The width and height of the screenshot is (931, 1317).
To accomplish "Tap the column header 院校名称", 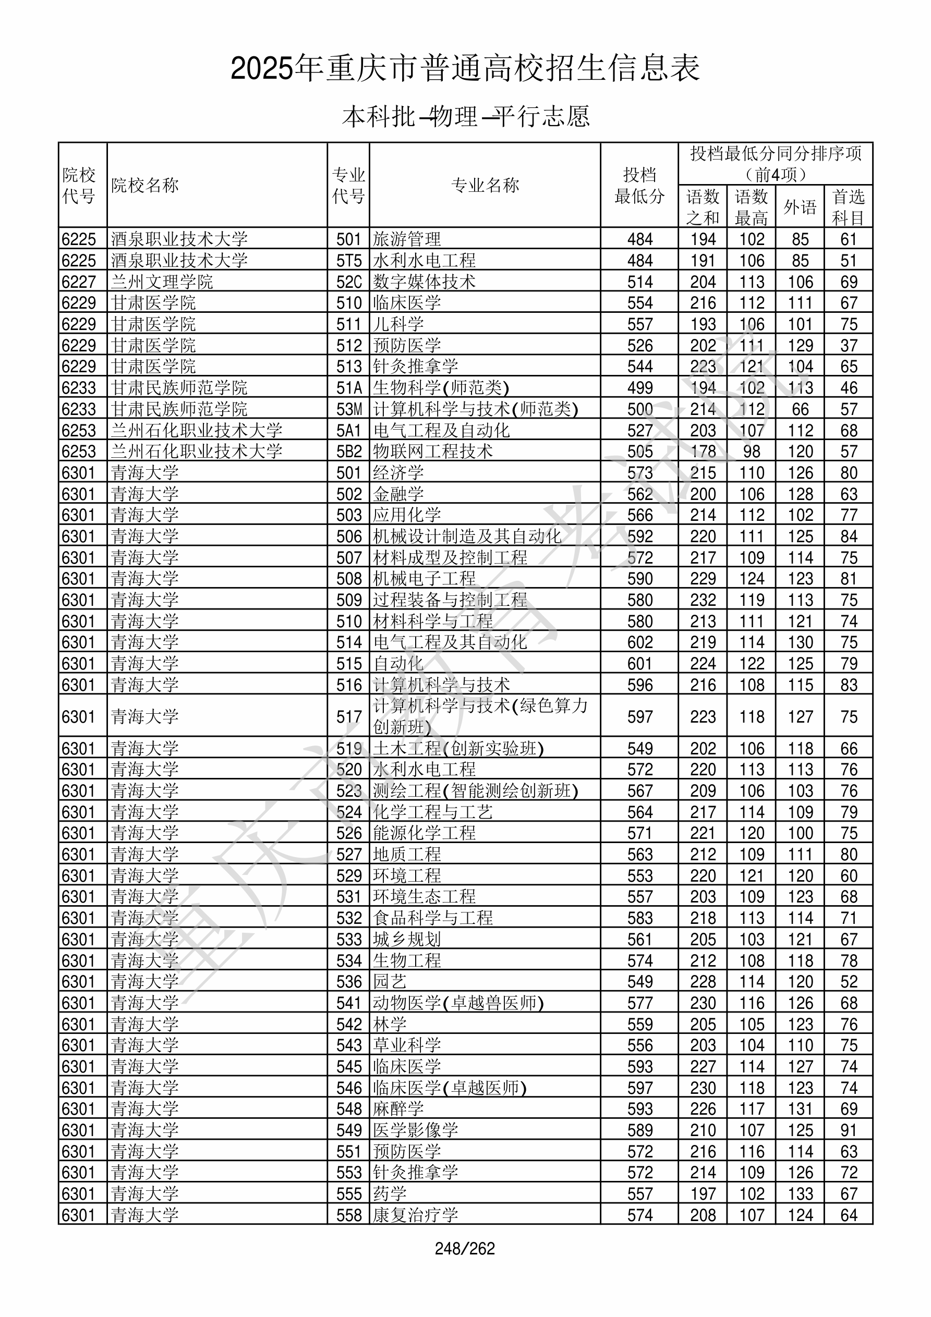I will click(x=145, y=185).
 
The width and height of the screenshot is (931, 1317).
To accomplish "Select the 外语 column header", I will click(x=800, y=207).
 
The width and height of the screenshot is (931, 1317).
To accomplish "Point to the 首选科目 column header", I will click(x=849, y=207).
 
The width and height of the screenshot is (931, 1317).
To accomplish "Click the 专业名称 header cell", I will click(x=485, y=185).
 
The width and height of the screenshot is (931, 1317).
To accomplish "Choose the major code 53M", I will click(x=349, y=409).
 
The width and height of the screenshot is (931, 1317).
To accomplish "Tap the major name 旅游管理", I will click(x=407, y=239).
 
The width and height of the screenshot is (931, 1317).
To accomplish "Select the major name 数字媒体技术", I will click(x=424, y=282).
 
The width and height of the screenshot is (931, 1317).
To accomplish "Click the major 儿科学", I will click(x=398, y=324).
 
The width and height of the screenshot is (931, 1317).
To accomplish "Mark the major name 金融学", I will click(x=398, y=494).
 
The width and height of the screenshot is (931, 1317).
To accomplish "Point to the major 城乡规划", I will click(x=407, y=939).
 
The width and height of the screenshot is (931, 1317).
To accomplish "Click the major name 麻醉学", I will click(x=398, y=1109).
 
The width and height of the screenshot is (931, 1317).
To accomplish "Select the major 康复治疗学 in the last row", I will click(x=416, y=1215).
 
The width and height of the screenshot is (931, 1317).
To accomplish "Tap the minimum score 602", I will click(x=640, y=642).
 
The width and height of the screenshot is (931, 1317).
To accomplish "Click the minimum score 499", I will click(x=640, y=388).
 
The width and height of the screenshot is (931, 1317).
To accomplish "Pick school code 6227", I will click(x=79, y=282).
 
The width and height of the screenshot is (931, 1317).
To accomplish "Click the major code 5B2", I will click(x=349, y=452).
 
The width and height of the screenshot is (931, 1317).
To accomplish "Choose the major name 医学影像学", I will click(x=416, y=1130).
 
